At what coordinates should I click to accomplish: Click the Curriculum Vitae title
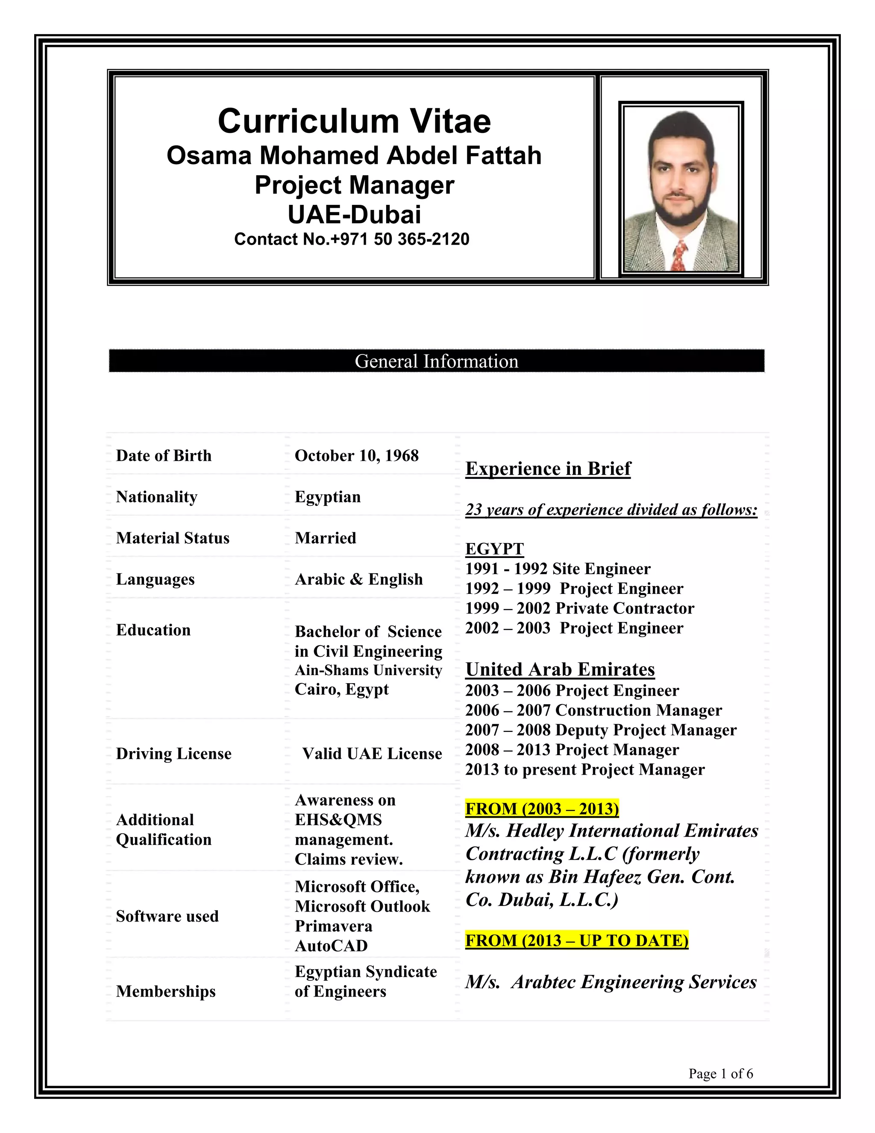click(x=354, y=121)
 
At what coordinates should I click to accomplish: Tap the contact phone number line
click(x=352, y=239)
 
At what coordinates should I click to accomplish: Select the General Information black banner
click(x=437, y=361)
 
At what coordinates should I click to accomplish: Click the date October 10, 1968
click(x=357, y=455)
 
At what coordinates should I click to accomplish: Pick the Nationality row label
click(x=156, y=496)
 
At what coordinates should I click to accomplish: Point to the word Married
click(x=326, y=538)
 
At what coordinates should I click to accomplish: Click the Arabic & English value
click(x=359, y=579)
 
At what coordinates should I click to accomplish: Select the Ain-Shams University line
click(x=368, y=670)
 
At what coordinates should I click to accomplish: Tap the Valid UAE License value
click(x=372, y=753)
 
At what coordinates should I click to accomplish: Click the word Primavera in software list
click(x=333, y=926)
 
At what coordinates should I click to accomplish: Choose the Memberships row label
click(x=166, y=991)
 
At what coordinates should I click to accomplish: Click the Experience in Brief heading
click(x=548, y=469)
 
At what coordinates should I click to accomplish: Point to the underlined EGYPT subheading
click(x=494, y=549)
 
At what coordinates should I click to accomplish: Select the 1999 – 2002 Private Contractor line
click(x=579, y=608)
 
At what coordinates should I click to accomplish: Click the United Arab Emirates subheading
click(x=560, y=669)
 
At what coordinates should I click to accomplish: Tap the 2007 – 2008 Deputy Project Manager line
click(x=601, y=730)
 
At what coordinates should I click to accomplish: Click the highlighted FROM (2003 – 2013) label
click(x=542, y=809)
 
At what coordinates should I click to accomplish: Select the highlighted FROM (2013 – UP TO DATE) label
click(x=576, y=940)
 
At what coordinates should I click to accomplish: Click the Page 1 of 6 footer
click(x=720, y=1073)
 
